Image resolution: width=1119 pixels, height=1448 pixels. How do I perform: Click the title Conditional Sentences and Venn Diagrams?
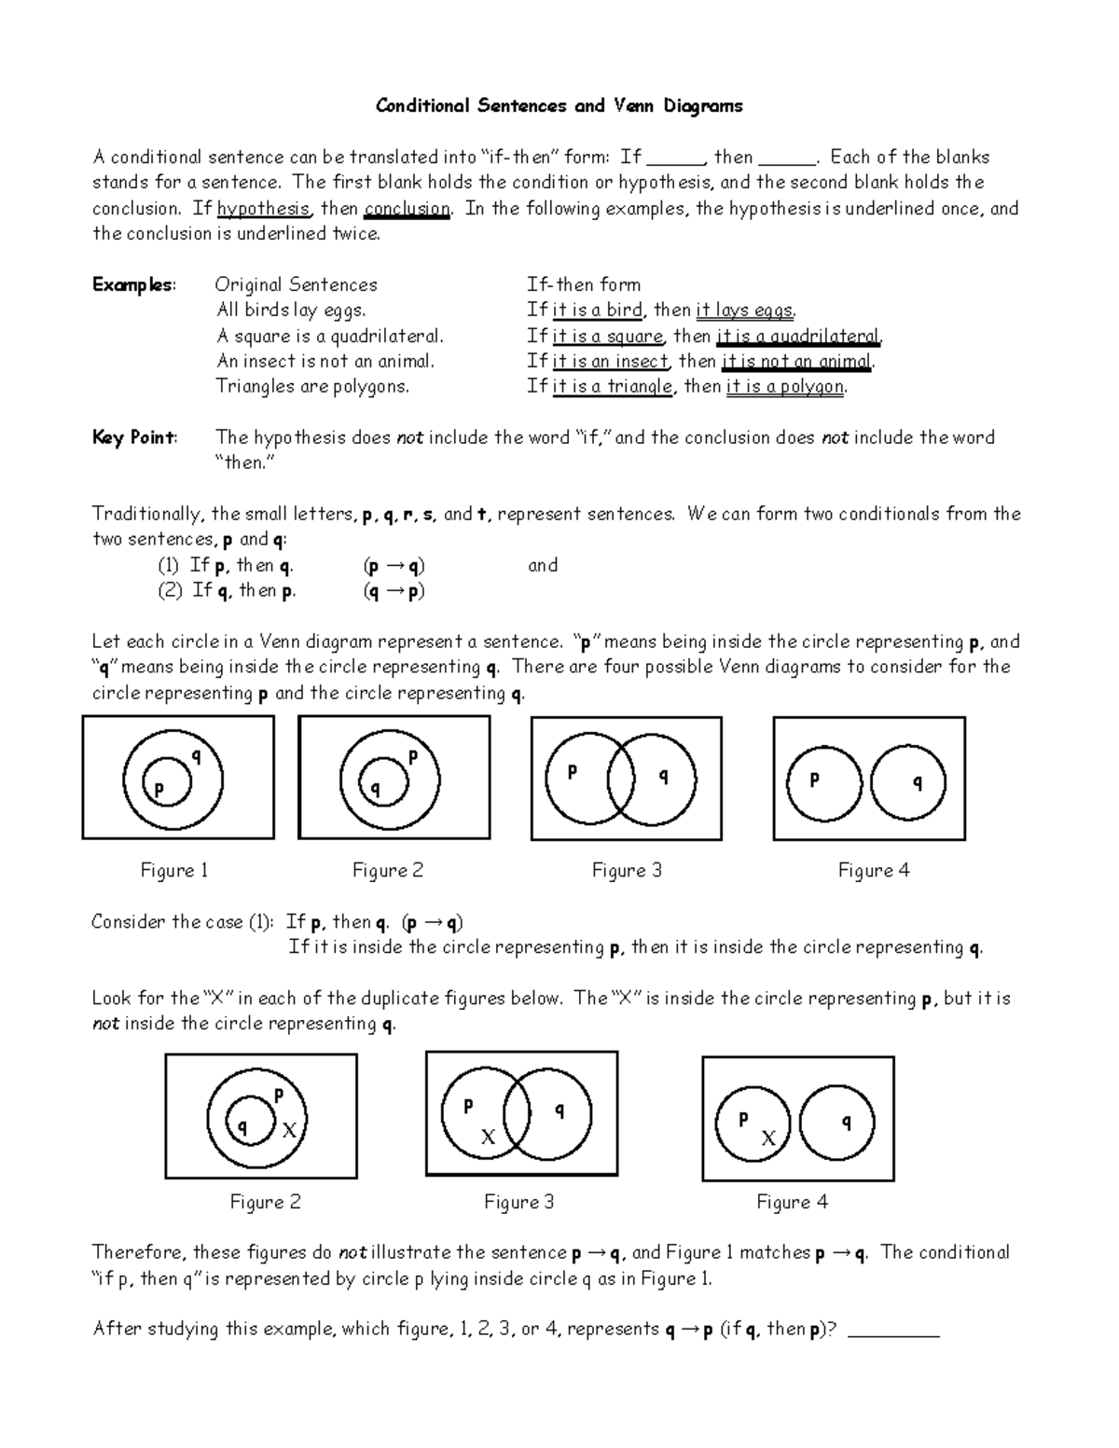point(559,106)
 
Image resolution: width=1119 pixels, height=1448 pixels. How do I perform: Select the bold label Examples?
point(133,285)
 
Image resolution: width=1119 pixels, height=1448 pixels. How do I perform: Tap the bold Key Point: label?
point(134,438)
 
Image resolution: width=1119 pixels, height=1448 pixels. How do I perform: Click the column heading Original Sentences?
point(296,285)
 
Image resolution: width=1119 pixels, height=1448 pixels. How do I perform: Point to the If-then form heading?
point(583,285)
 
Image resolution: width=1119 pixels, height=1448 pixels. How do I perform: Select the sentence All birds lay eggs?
point(291,310)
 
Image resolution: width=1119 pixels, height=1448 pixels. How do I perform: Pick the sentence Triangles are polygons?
point(312,387)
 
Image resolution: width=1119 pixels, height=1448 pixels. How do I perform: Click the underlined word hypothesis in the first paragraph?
point(263,209)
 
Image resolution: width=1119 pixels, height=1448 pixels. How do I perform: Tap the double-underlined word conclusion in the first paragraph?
point(408,209)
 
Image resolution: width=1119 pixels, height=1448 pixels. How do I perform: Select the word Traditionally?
point(148,515)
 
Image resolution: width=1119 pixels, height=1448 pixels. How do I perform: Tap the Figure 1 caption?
point(174,871)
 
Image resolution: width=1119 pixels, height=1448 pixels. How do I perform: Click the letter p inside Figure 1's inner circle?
point(159,789)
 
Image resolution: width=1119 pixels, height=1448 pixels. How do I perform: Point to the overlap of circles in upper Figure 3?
point(621,779)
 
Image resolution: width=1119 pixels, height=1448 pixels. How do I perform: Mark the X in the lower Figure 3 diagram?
point(487,1138)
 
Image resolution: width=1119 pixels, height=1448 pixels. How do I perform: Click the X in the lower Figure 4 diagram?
point(768,1138)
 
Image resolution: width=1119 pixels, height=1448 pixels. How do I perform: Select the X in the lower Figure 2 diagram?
point(289,1130)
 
